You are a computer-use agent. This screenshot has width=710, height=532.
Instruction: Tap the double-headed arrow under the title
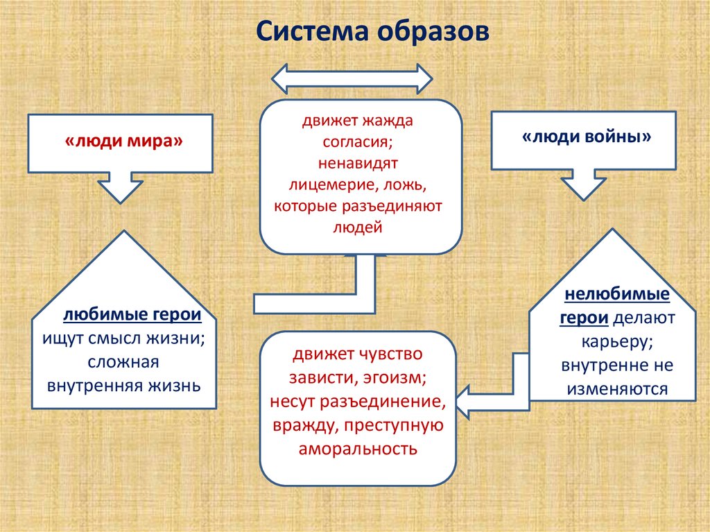pyautogui.click(x=352, y=78)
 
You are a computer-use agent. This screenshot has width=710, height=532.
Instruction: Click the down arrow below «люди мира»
pyautogui.click(x=120, y=186)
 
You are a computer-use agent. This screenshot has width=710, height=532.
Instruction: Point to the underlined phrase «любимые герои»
pyautogui.click(x=132, y=315)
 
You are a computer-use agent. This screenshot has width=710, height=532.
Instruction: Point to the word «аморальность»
pyautogui.click(x=358, y=448)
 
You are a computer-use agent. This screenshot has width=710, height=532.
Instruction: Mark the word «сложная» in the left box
pyautogui.click(x=124, y=361)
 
